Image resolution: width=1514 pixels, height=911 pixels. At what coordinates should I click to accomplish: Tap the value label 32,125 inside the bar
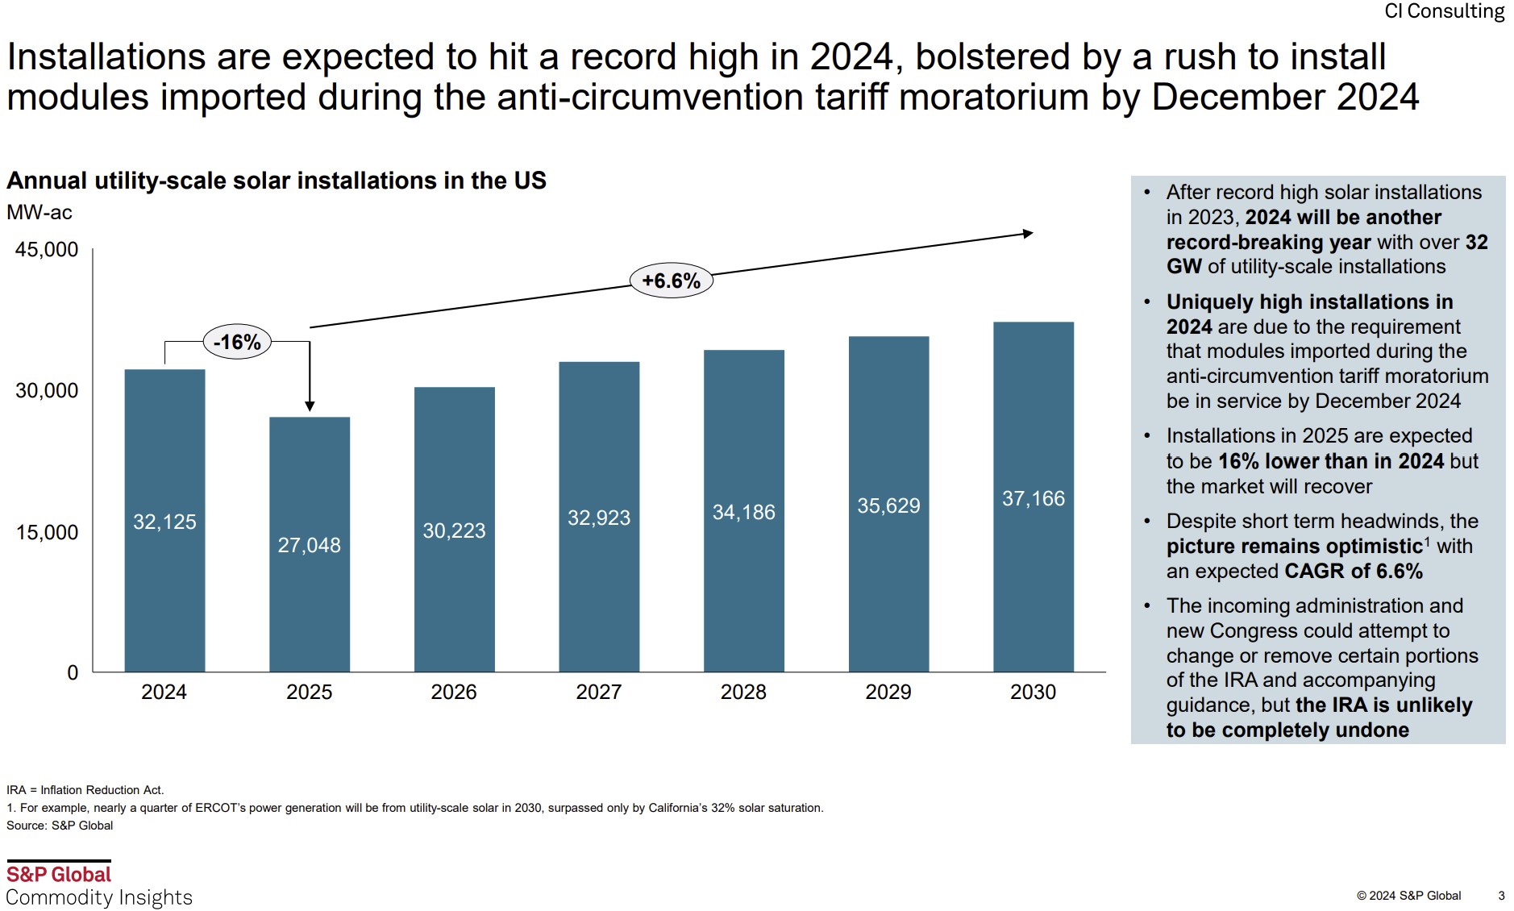164,522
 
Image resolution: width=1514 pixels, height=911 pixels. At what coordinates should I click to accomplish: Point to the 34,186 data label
743,512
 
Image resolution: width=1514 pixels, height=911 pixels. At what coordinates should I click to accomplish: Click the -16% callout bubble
237,342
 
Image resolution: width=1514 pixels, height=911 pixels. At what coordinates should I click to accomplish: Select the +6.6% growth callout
671,281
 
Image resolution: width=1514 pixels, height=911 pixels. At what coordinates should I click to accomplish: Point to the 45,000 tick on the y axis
47,249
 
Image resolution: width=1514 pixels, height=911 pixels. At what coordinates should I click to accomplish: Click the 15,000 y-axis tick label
47,532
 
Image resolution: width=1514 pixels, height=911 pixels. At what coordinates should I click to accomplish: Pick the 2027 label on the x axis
598,692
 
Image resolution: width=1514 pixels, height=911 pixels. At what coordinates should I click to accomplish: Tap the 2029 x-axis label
888,692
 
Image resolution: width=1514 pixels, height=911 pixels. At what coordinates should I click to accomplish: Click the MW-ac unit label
40,212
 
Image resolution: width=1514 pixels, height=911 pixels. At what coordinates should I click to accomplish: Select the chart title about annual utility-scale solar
277,181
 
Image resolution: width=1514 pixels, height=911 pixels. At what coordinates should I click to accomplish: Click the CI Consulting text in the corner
1444,11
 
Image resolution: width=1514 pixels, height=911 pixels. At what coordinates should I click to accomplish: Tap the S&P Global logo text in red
59,874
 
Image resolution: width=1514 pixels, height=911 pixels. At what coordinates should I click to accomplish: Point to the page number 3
1501,895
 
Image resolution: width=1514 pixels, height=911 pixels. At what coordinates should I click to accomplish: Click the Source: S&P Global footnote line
60,826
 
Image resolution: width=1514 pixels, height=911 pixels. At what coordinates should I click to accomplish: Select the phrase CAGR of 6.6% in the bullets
1354,571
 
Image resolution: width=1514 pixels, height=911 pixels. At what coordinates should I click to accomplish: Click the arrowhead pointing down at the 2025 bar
310,406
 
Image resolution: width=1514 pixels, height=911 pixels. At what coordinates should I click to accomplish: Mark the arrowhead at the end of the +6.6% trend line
1028,234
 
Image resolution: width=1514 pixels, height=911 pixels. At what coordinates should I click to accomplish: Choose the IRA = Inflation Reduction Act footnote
85,790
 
